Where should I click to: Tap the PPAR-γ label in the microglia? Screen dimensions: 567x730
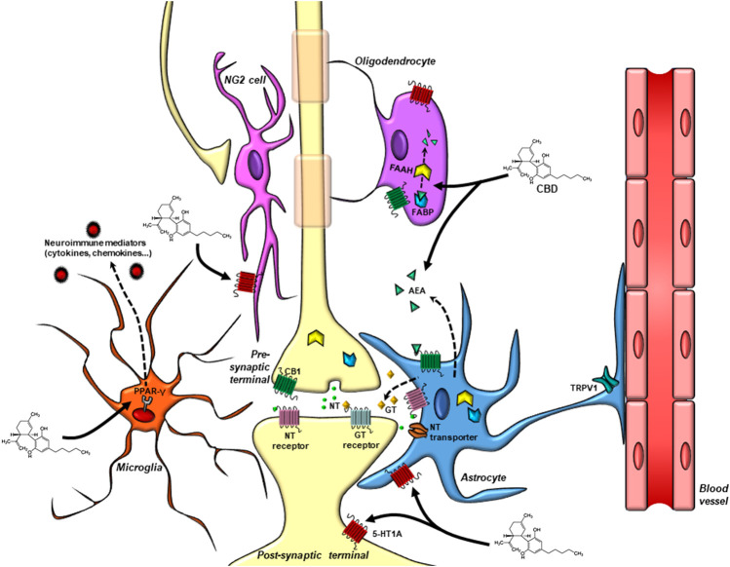150,394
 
